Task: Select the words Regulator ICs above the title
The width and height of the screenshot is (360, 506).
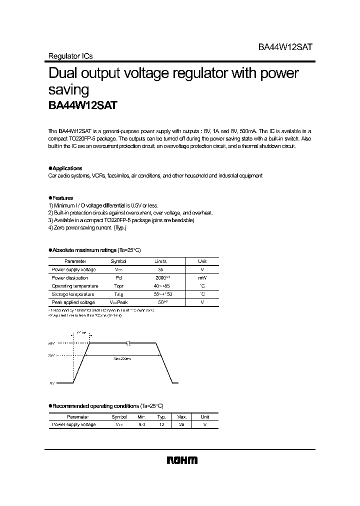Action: click(70, 56)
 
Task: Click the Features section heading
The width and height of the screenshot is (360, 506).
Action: click(61, 198)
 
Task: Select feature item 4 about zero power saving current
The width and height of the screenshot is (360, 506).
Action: click(87, 228)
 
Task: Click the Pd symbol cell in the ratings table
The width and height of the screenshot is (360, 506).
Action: click(118, 278)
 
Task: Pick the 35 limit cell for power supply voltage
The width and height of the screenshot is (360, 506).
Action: click(160, 269)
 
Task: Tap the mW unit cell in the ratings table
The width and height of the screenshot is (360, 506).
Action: click(202, 278)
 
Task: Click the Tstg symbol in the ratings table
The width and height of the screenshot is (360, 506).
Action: click(118, 294)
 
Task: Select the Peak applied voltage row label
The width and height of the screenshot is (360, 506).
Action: click(73, 303)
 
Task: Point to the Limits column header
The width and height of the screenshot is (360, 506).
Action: click(160, 261)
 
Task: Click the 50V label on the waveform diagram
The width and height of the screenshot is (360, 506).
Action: click(52, 344)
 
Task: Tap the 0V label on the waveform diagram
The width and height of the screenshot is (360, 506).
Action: click(52, 383)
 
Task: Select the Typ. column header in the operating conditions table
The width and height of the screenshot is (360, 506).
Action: click(161, 416)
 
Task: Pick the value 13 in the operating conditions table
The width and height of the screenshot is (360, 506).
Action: click(161, 425)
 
